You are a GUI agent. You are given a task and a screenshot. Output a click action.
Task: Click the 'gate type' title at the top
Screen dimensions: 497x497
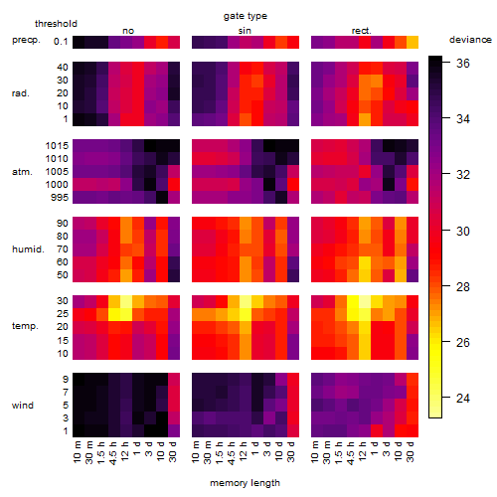pyautogui.click(x=246, y=16)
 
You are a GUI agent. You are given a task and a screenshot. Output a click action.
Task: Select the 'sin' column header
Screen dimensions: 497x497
pyautogui.click(x=245, y=31)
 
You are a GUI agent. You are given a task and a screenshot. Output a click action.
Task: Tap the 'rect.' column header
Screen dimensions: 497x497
pyautogui.click(x=362, y=31)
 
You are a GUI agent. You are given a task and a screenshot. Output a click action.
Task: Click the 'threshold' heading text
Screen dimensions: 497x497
pyautogui.click(x=56, y=24)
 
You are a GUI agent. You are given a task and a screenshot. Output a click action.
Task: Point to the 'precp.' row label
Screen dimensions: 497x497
pyautogui.click(x=26, y=40)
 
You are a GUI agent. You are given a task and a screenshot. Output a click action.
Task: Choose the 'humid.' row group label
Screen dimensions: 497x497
pyautogui.click(x=28, y=249)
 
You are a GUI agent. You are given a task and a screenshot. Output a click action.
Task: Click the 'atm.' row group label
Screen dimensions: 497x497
pyautogui.click(x=22, y=172)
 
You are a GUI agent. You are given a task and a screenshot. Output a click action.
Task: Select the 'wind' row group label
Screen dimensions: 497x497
pyautogui.click(x=23, y=406)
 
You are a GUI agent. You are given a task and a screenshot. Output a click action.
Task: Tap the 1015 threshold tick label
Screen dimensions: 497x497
pyautogui.click(x=57, y=146)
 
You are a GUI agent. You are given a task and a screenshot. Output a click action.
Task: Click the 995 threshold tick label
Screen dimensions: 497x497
pyautogui.click(x=60, y=198)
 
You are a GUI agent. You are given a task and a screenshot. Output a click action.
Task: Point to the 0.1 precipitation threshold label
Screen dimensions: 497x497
pyautogui.click(x=61, y=42)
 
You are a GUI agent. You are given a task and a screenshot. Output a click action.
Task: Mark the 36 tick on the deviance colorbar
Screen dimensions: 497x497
pyautogui.click(x=463, y=63)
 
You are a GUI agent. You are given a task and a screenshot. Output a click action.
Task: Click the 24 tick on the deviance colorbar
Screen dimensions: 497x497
pyautogui.click(x=463, y=398)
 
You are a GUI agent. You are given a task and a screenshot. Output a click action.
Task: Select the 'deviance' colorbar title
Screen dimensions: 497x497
pyautogui.click(x=470, y=40)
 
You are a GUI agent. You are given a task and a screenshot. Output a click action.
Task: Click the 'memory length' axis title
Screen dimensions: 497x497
pyautogui.click(x=245, y=483)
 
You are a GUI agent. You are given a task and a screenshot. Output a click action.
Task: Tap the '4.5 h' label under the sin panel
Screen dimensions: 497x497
pyautogui.click(x=232, y=452)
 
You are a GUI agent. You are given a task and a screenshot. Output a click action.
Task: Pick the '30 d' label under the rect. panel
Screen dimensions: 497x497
pyautogui.click(x=411, y=451)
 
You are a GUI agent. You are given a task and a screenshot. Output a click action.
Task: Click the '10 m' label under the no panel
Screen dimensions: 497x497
pyautogui.click(x=77, y=452)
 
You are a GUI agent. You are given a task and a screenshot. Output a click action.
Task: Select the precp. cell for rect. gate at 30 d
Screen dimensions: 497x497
pyautogui.click(x=413, y=42)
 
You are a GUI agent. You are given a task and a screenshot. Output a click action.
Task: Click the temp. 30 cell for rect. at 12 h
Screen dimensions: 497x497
pyautogui.click(x=365, y=301)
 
